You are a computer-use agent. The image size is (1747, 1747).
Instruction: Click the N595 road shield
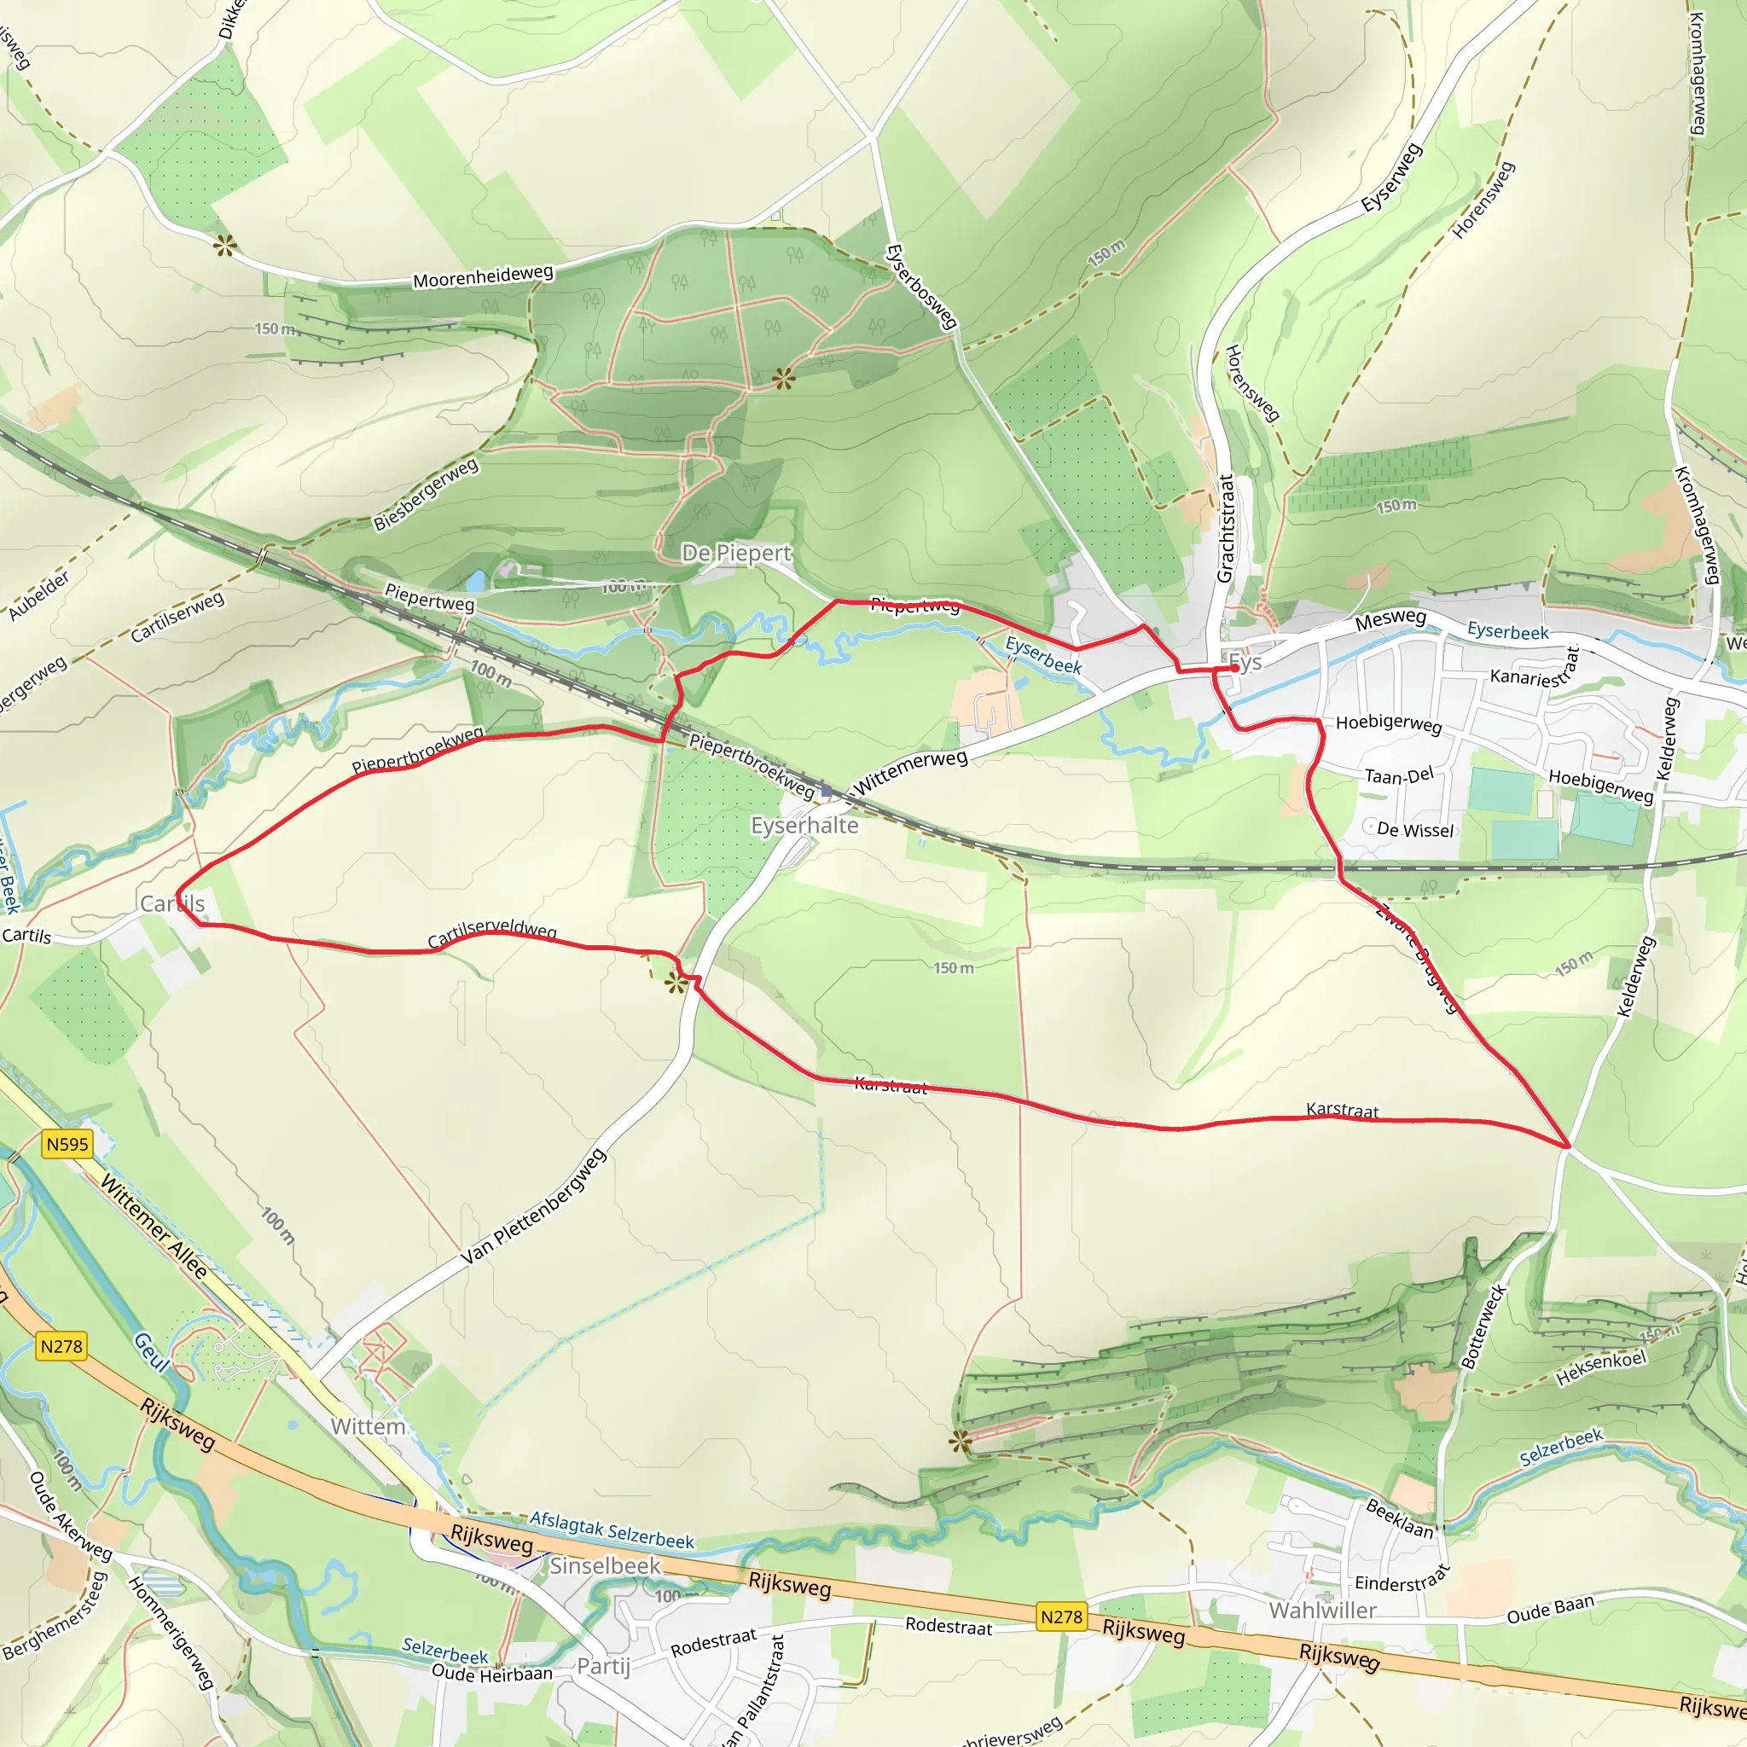68,1144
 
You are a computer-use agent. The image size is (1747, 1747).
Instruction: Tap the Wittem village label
368,1426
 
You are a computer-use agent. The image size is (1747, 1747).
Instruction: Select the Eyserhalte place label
804,826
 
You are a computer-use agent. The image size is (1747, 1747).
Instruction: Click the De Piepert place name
736,553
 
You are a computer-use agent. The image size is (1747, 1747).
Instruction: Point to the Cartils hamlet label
171,903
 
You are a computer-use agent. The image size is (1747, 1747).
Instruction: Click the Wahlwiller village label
1322,1610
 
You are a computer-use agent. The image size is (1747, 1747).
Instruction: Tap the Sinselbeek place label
605,1565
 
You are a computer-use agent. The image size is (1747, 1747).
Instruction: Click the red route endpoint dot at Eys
1234,668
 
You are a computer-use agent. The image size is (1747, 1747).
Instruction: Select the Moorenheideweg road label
483,276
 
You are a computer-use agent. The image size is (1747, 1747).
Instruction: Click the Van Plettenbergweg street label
533,1207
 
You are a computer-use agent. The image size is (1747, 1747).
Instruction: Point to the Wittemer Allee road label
154,1226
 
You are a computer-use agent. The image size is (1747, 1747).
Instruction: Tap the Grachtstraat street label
1225,528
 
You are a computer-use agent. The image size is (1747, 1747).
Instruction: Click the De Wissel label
1415,830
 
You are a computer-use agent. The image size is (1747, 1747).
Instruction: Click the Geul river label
151,1352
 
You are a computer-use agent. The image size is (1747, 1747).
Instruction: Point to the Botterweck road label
1484,1326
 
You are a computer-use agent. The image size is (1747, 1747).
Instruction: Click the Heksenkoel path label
1600,1368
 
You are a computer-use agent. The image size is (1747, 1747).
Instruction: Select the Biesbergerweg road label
426,494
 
